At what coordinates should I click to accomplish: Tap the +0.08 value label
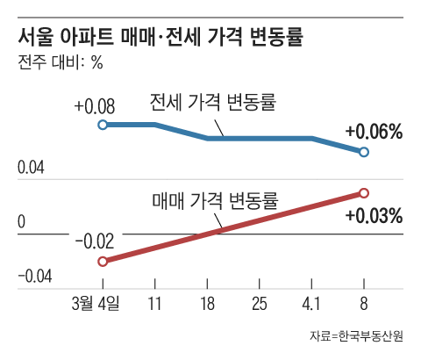tap(95, 106)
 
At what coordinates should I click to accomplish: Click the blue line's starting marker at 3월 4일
tap(103, 126)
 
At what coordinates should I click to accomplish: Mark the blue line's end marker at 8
tap(364, 152)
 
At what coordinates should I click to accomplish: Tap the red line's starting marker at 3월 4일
tap(103, 262)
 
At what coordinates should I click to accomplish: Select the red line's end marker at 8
tap(364, 193)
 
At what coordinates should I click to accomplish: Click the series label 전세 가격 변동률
tap(214, 103)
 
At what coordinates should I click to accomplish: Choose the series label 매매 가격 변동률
tap(214, 200)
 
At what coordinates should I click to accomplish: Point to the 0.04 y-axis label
tap(32, 168)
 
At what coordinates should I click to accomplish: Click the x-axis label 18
tap(207, 304)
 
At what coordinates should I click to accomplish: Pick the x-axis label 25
tap(260, 304)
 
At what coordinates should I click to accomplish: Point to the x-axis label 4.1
tap(311, 304)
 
